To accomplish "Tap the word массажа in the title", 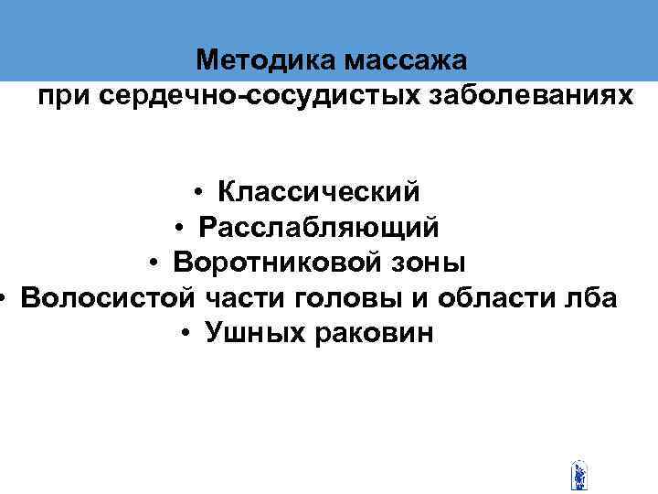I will click(x=405, y=61).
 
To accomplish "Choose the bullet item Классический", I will click(x=319, y=192).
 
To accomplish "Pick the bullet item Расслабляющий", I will click(x=319, y=227).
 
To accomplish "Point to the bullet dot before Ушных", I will click(x=186, y=335).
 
